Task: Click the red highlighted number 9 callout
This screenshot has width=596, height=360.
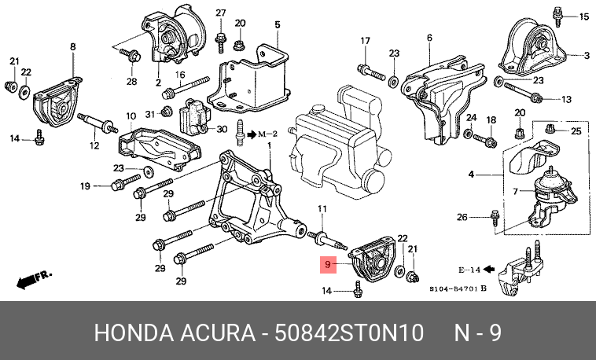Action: coord(327,266)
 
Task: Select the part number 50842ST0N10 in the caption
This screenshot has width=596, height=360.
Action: coord(349,332)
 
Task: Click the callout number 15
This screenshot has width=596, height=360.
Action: coord(583,17)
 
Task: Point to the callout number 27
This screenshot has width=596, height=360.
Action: coord(220,13)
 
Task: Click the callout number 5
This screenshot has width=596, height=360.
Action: coord(277,25)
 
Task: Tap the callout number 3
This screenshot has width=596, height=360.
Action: coord(586,55)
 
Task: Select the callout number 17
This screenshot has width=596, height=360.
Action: coord(365,41)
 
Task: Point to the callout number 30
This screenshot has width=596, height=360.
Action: coord(222,129)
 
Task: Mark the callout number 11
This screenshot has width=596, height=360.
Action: coord(322,208)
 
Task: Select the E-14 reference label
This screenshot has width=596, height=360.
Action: coord(471,270)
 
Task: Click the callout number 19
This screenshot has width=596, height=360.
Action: coord(86,186)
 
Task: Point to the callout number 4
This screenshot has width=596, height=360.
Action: coord(470,174)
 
